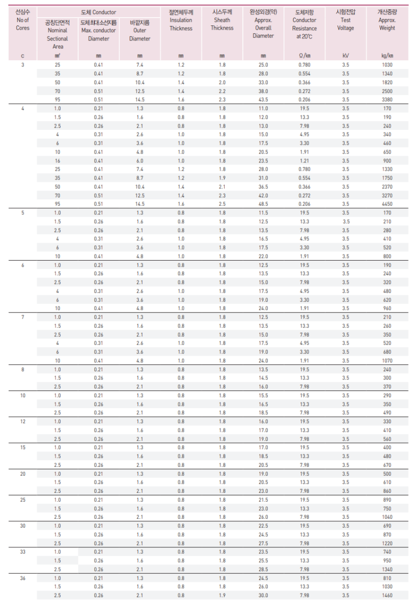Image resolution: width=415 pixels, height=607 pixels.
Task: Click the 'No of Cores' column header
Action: point(23,24)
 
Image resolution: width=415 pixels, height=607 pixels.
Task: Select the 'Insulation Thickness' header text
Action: point(181,24)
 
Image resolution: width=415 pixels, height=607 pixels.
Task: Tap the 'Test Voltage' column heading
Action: point(345,24)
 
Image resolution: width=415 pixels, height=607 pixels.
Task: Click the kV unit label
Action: point(345,56)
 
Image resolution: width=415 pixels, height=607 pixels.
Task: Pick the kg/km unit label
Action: point(386,56)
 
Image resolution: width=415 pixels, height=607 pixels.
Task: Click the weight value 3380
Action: point(386,100)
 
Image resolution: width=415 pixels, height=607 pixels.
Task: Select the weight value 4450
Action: point(386,204)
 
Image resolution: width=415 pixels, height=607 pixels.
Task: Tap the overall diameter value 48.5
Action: point(263,204)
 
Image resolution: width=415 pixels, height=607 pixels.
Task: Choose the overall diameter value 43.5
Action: point(263,100)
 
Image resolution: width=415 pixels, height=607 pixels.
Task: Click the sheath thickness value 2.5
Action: point(222,204)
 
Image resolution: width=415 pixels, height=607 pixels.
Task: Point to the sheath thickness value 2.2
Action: point(222,91)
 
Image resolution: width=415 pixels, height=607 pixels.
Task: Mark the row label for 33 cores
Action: point(23,552)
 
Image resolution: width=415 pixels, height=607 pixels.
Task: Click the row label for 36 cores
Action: point(23,578)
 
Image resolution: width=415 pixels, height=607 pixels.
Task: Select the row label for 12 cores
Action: point(23,422)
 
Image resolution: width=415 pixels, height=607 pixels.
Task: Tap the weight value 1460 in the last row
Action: point(386,595)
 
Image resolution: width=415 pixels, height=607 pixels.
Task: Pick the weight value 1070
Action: point(386,360)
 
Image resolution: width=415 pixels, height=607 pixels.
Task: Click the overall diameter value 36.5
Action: point(263,186)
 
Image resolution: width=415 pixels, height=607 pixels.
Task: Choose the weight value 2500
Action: point(386,91)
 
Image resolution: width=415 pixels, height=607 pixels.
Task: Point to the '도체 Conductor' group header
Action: point(99,12)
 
